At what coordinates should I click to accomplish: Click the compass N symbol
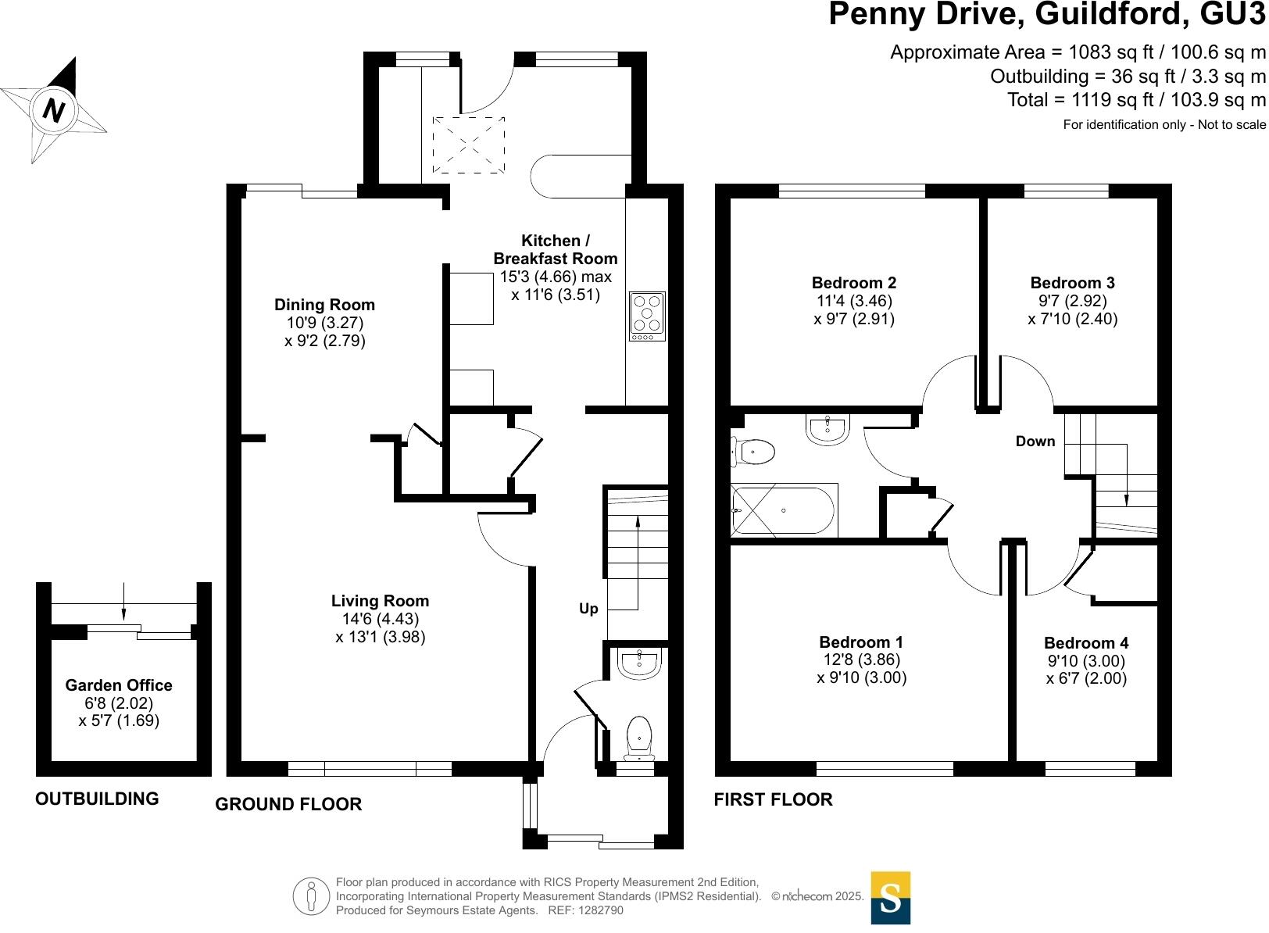tap(54, 109)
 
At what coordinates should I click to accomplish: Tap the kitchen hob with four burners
tap(647, 316)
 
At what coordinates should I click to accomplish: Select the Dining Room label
tap(324, 305)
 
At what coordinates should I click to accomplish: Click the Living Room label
tap(380, 600)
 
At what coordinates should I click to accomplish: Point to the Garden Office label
tap(119, 685)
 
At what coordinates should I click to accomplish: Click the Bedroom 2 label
tap(854, 283)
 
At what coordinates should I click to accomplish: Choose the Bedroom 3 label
tap(1072, 283)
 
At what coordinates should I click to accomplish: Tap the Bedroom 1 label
tap(861, 642)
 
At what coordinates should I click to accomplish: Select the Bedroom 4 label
tap(1086, 643)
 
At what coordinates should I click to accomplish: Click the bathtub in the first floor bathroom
tap(784, 510)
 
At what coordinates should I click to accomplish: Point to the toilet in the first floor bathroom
tap(752, 452)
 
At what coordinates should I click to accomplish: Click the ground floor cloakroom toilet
tap(640, 738)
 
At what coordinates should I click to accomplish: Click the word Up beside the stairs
tap(588, 609)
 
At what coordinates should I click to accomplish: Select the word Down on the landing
tap(1035, 441)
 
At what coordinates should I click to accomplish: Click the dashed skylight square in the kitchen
tap(469, 145)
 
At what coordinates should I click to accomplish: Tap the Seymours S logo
tap(891, 898)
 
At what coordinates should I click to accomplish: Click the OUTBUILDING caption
tap(97, 798)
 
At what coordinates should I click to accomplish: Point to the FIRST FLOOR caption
tap(774, 799)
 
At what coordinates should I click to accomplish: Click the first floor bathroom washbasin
tap(828, 429)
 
